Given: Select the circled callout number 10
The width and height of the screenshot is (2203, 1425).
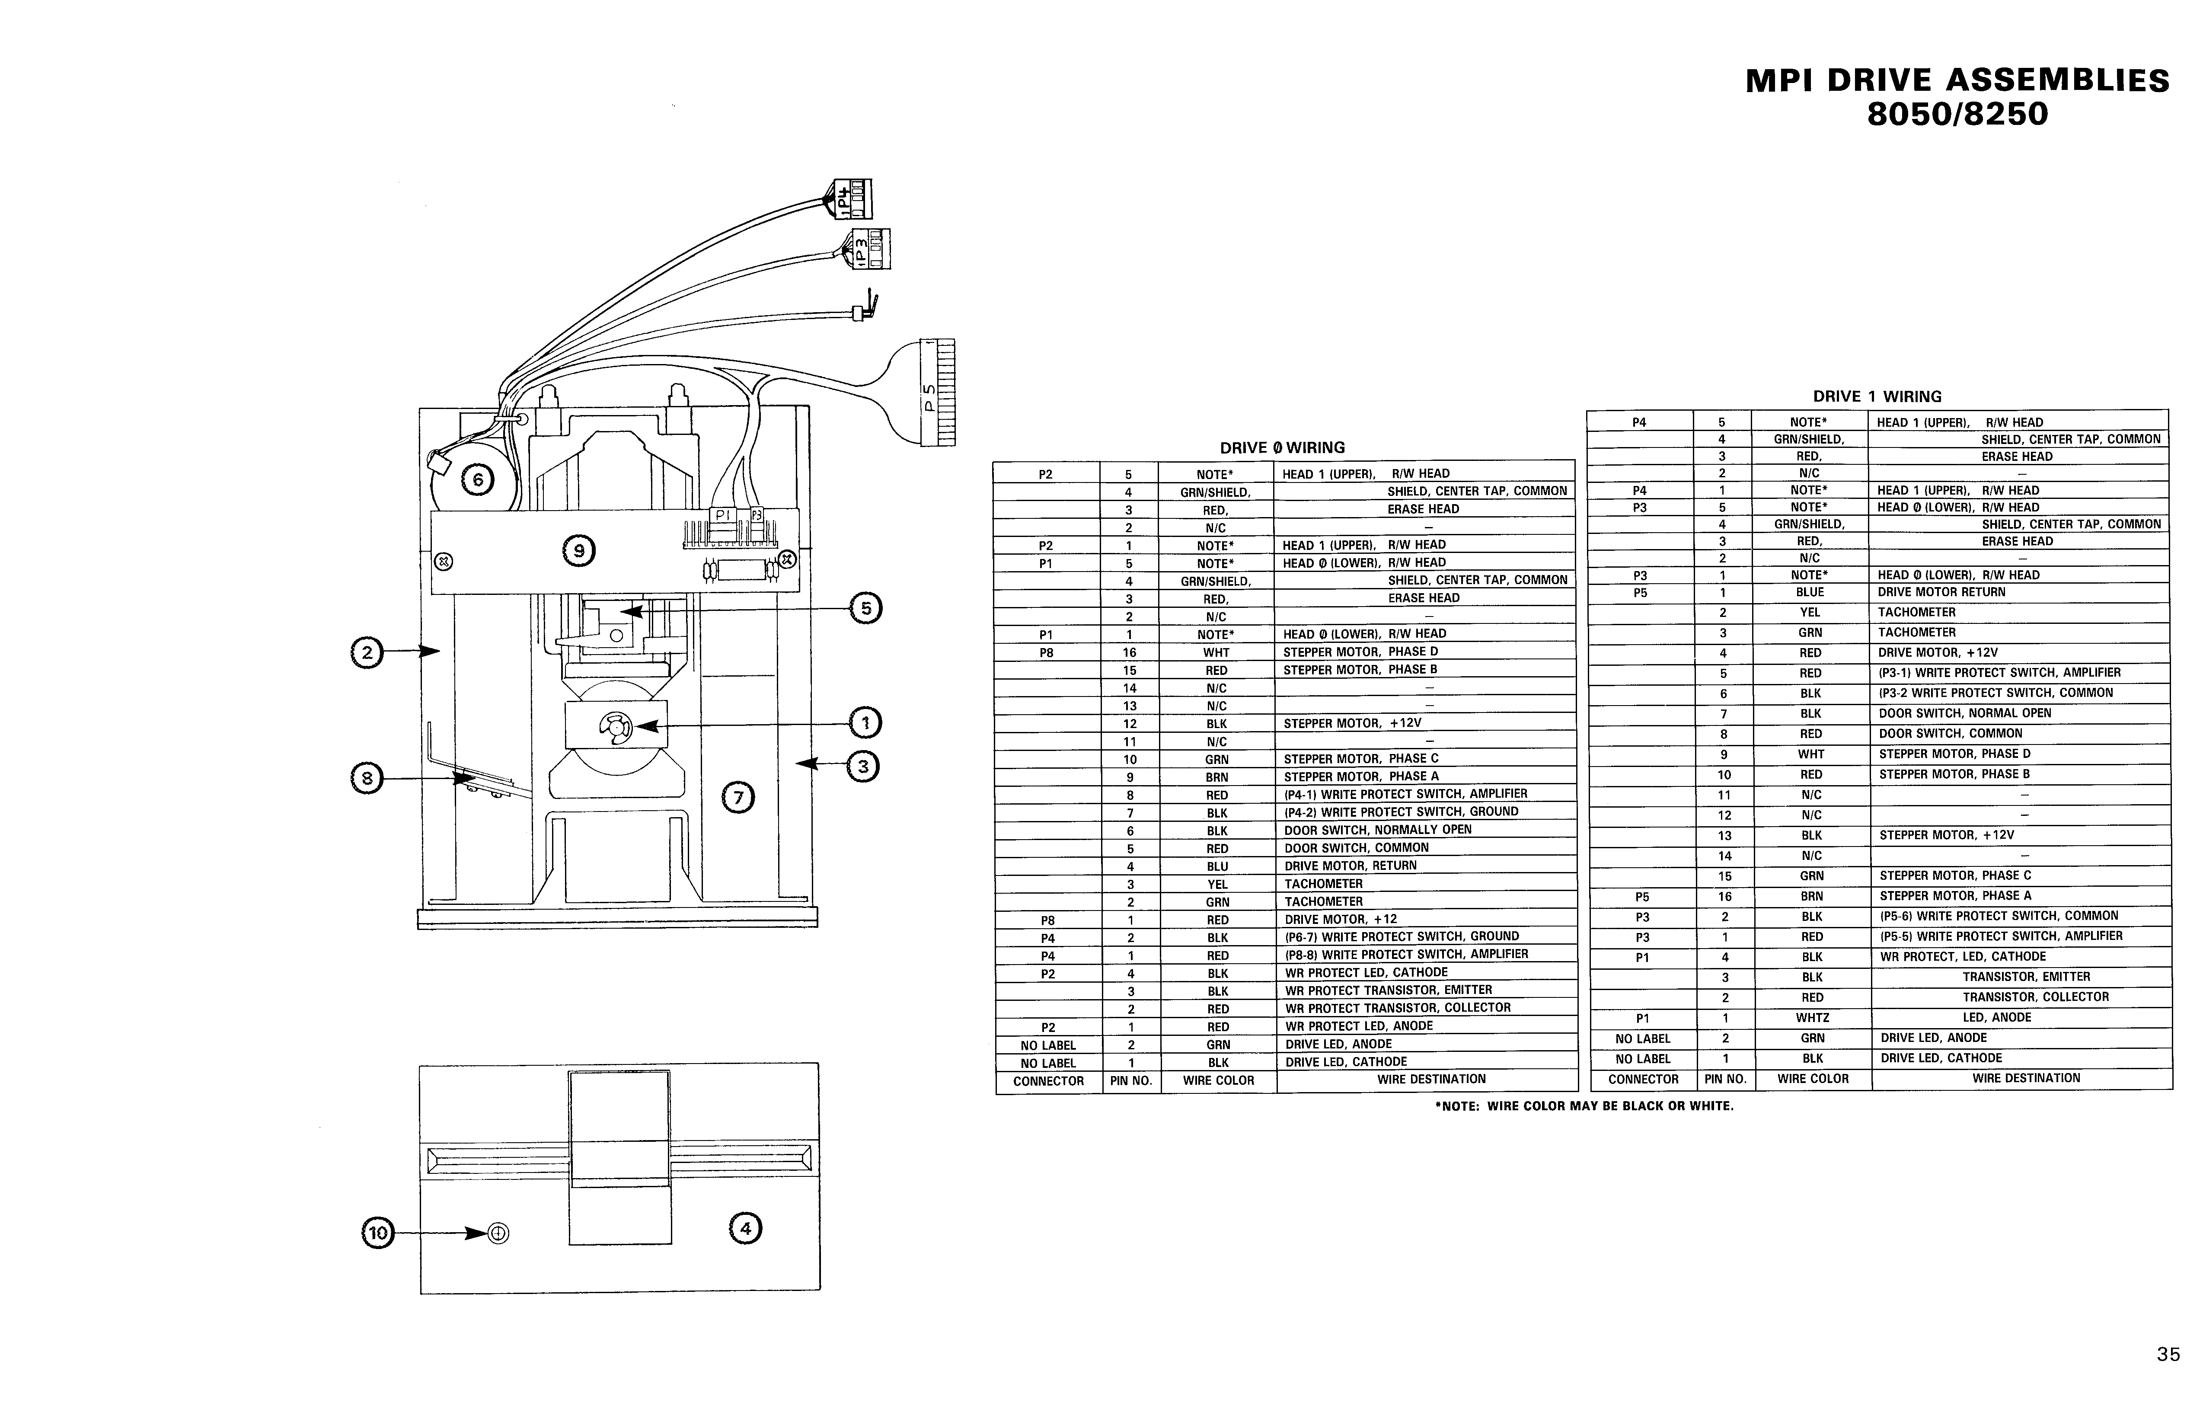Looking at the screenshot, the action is [377, 1233].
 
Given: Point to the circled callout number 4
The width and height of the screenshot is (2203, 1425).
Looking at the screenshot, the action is [746, 1229].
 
